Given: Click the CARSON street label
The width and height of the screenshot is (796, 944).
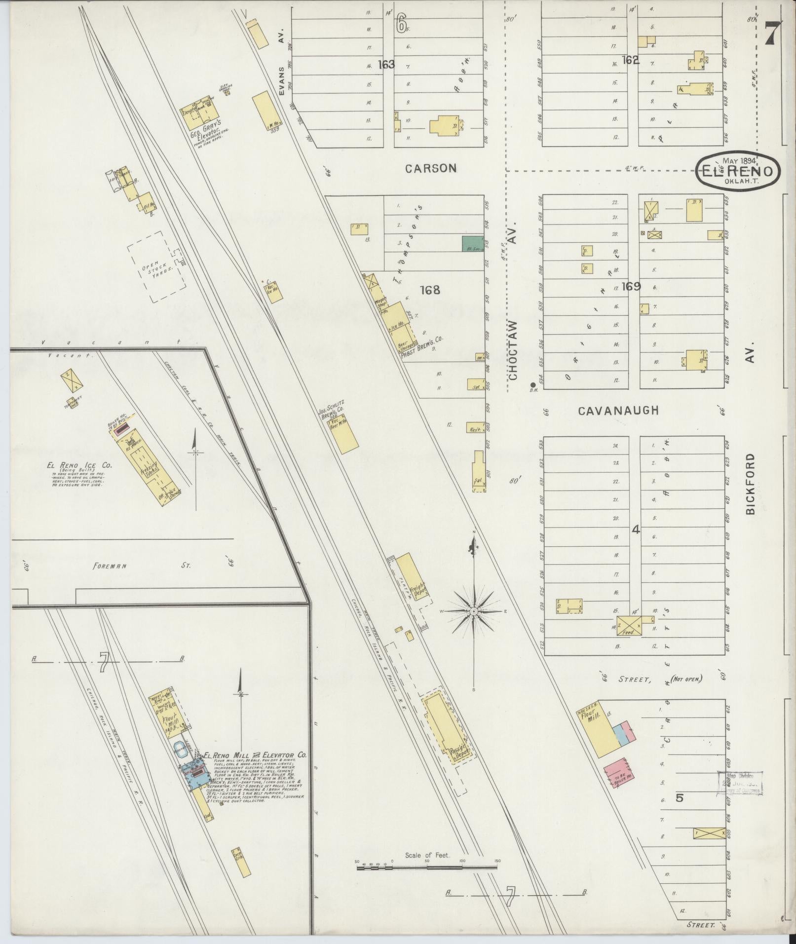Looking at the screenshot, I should coord(431,168).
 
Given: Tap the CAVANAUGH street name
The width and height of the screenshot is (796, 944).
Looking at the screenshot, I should coord(619,411).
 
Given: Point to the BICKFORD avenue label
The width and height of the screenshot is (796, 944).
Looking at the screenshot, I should coord(751,484).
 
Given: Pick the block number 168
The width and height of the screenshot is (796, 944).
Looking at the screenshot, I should coord(429,290).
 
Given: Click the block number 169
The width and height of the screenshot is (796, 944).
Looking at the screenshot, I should coord(631,286).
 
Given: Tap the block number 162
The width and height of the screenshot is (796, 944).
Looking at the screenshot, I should coord(631,60).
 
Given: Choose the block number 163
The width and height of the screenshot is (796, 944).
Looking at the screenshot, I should coord(386,64).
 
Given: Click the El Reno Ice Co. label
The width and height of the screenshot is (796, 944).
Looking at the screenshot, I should coord(79,465).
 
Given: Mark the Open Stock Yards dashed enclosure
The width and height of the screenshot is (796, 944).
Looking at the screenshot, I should coord(156,267).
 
